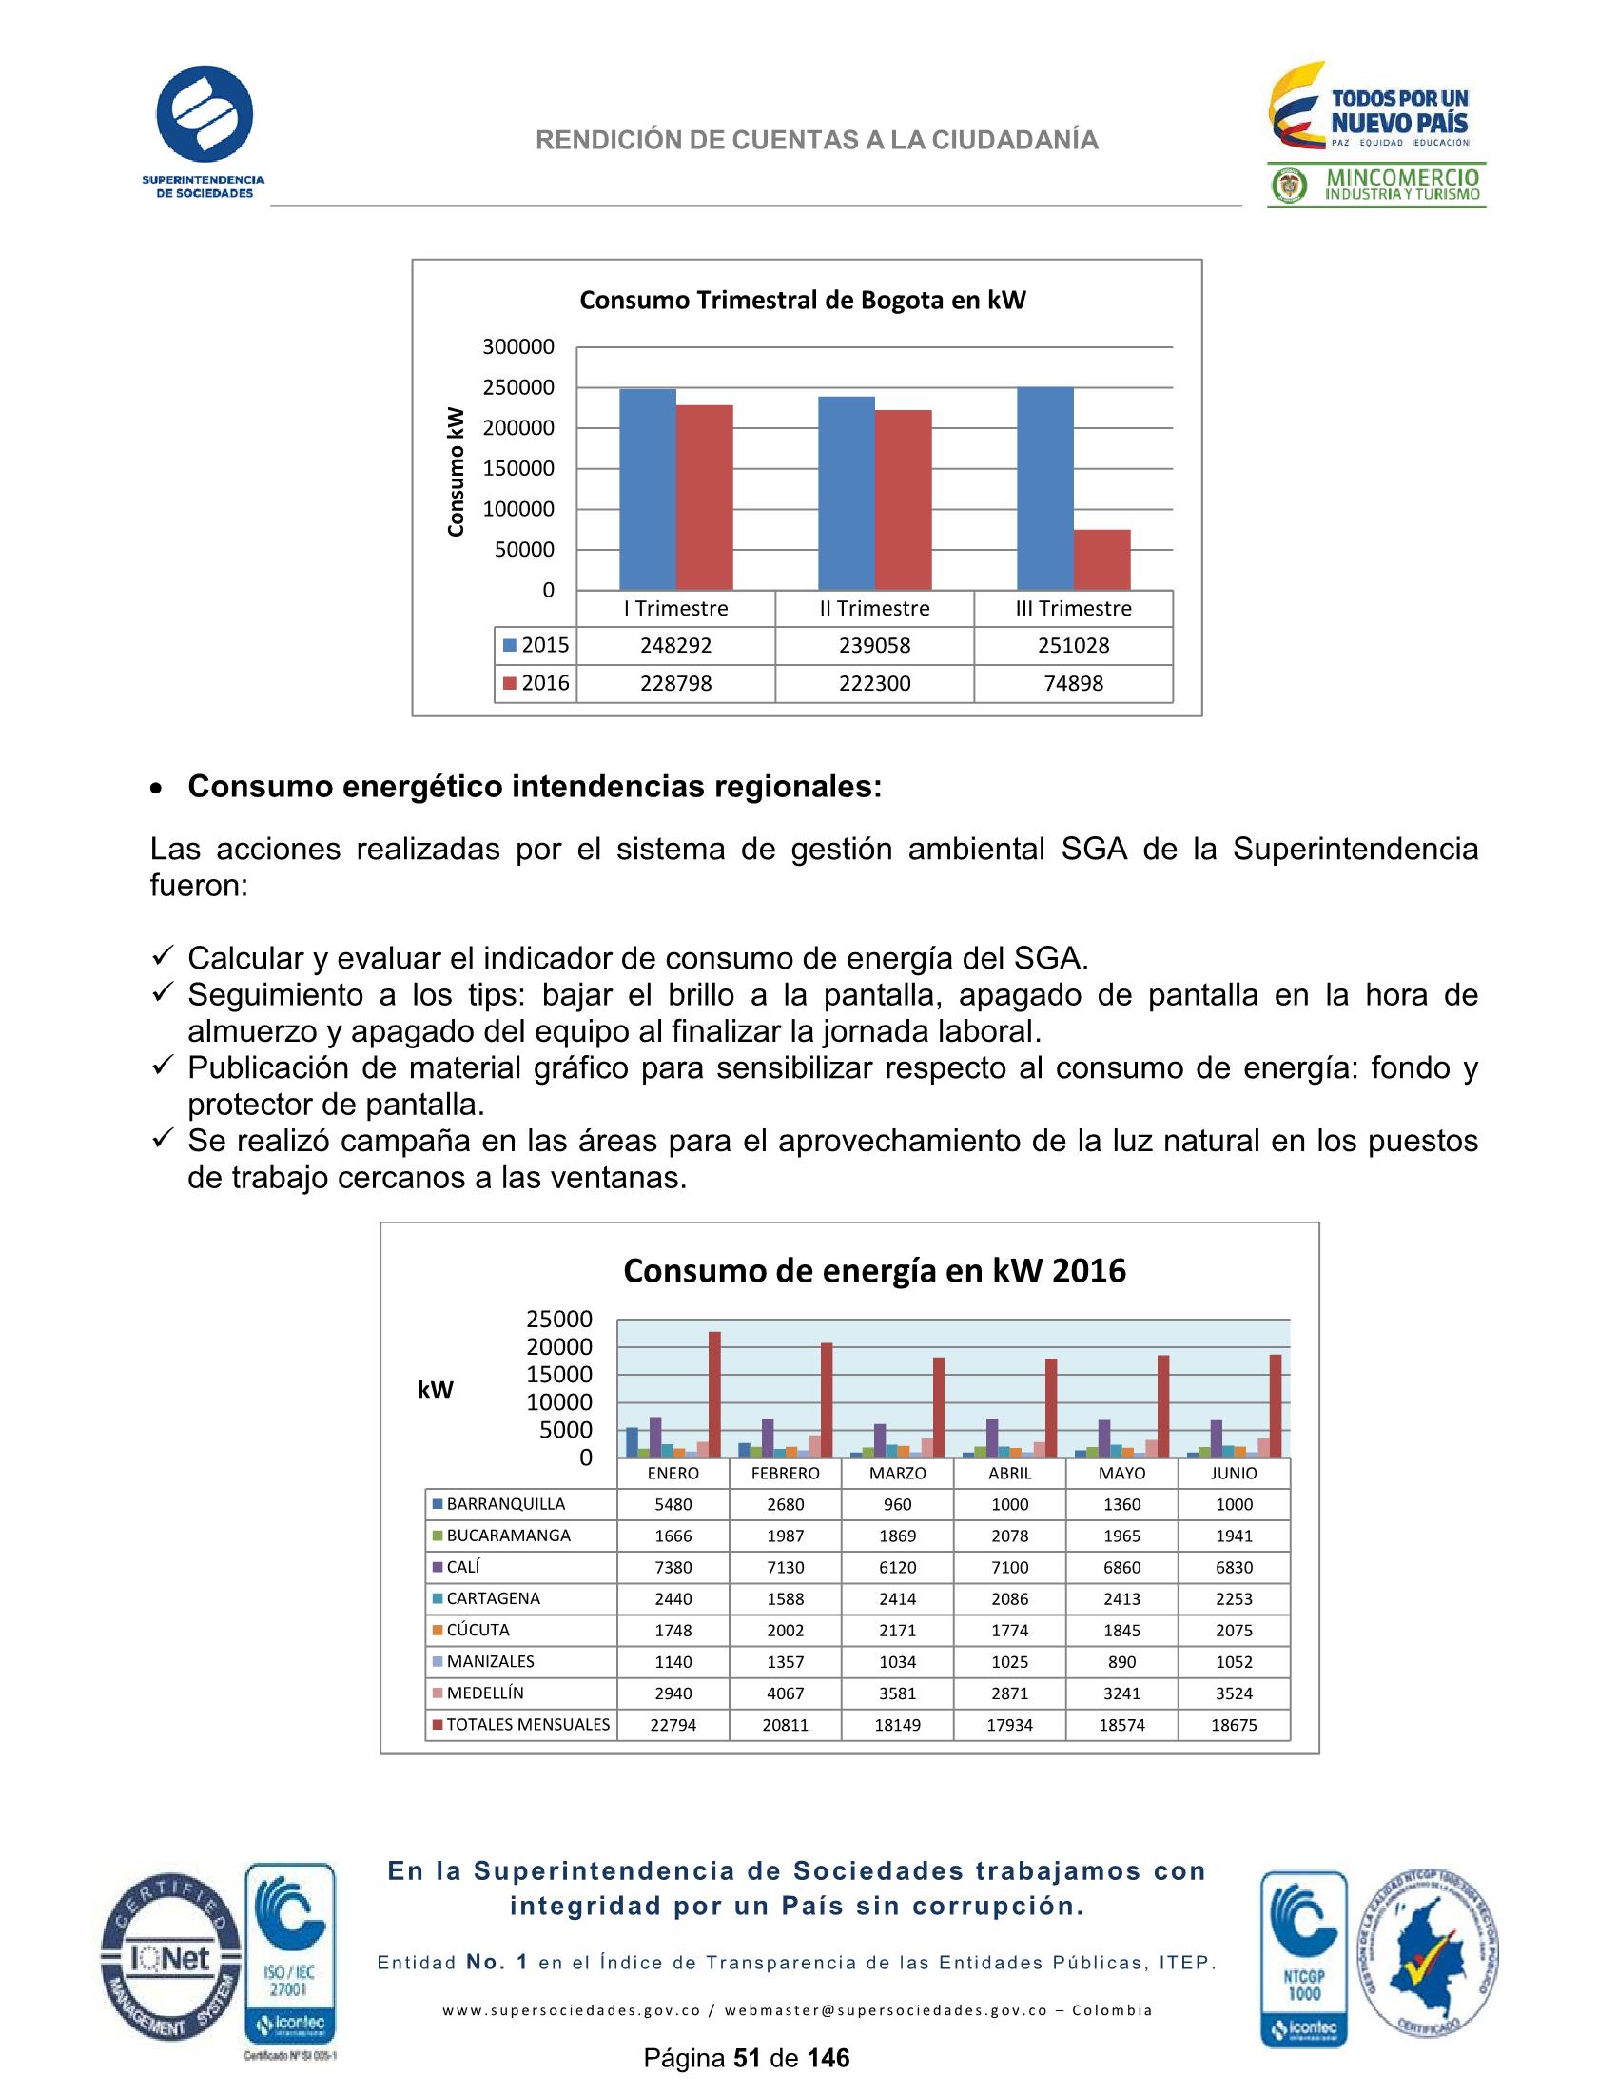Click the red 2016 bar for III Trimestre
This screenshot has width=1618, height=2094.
pos(1101,560)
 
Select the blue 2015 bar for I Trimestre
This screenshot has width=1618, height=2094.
pos(648,489)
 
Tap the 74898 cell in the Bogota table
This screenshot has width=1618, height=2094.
pos(1073,684)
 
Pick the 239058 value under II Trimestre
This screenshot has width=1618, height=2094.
pos(874,645)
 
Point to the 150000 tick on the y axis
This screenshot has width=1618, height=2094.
pos(517,469)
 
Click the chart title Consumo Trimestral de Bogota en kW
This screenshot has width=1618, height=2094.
pos(802,300)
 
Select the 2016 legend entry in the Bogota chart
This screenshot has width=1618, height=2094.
pos(536,684)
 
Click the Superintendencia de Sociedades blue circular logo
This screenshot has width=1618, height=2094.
pos(205,113)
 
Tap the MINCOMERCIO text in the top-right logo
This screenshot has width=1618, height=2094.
pos(1402,177)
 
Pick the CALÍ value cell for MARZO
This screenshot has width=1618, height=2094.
pos(897,1568)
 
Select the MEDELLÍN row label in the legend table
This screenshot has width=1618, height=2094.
pos(485,1693)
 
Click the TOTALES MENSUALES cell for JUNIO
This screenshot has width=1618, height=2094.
pos(1234,1725)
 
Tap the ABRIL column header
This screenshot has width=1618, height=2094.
pos(1009,1473)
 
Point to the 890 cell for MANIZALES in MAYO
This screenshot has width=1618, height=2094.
pos(1121,1661)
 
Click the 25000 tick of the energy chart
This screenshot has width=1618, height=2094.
pos(558,1320)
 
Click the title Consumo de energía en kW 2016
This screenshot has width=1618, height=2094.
pos(874,1270)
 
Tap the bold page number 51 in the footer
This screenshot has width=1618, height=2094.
pos(747,2059)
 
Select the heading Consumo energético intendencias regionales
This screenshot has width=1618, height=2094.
pos(534,786)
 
